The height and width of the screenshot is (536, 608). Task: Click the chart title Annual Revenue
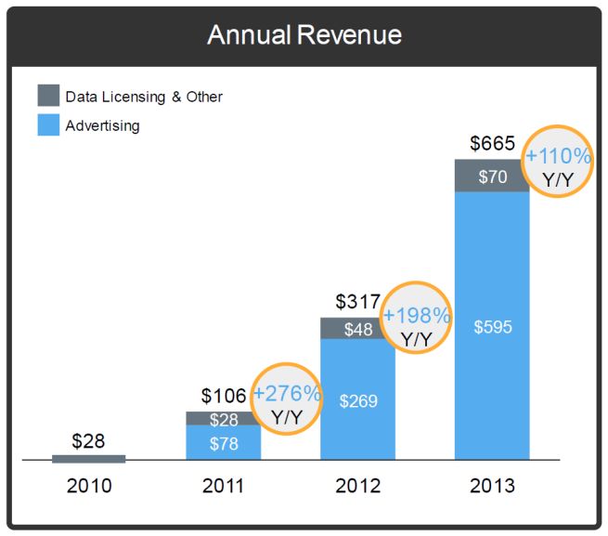pyautogui.click(x=304, y=35)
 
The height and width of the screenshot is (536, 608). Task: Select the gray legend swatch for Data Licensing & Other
pyautogui.click(x=48, y=95)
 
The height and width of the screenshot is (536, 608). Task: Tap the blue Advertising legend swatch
pyautogui.click(x=48, y=124)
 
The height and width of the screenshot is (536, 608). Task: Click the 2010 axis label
pyautogui.click(x=88, y=486)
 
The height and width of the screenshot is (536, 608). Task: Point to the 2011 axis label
pyautogui.click(x=223, y=486)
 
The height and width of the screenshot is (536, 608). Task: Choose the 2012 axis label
pyautogui.click(x=357, y=486)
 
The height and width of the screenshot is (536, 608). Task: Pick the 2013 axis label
pyautogui.click(x=492, y=486)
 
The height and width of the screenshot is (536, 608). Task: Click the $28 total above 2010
pyautogui.click(x=88, y=440)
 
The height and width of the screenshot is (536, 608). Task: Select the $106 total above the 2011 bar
pyautogui.click(x=224, y=397)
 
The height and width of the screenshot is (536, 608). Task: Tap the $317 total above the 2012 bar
pyautogui.click(x=357, y=302)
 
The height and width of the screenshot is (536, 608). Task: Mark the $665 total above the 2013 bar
pyautogui.click(x=492, y=144)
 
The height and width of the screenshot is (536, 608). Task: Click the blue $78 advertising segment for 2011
pyautogui.click(x=223, y=443)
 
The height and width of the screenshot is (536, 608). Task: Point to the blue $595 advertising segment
pyautogui.click(x=492, y=326)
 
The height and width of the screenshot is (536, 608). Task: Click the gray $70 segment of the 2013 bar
pyautogui.click(x=492, y=176)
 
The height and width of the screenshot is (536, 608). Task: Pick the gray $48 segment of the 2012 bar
pyautogui.click(x=357, y=329)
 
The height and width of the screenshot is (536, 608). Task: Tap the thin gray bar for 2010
pyautogui.click(x=88, y=458)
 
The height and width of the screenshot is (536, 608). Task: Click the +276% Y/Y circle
pyautogui.click(x=287, y=404)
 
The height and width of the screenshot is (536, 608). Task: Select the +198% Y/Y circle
pyautogui.click(x=418, y=316)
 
